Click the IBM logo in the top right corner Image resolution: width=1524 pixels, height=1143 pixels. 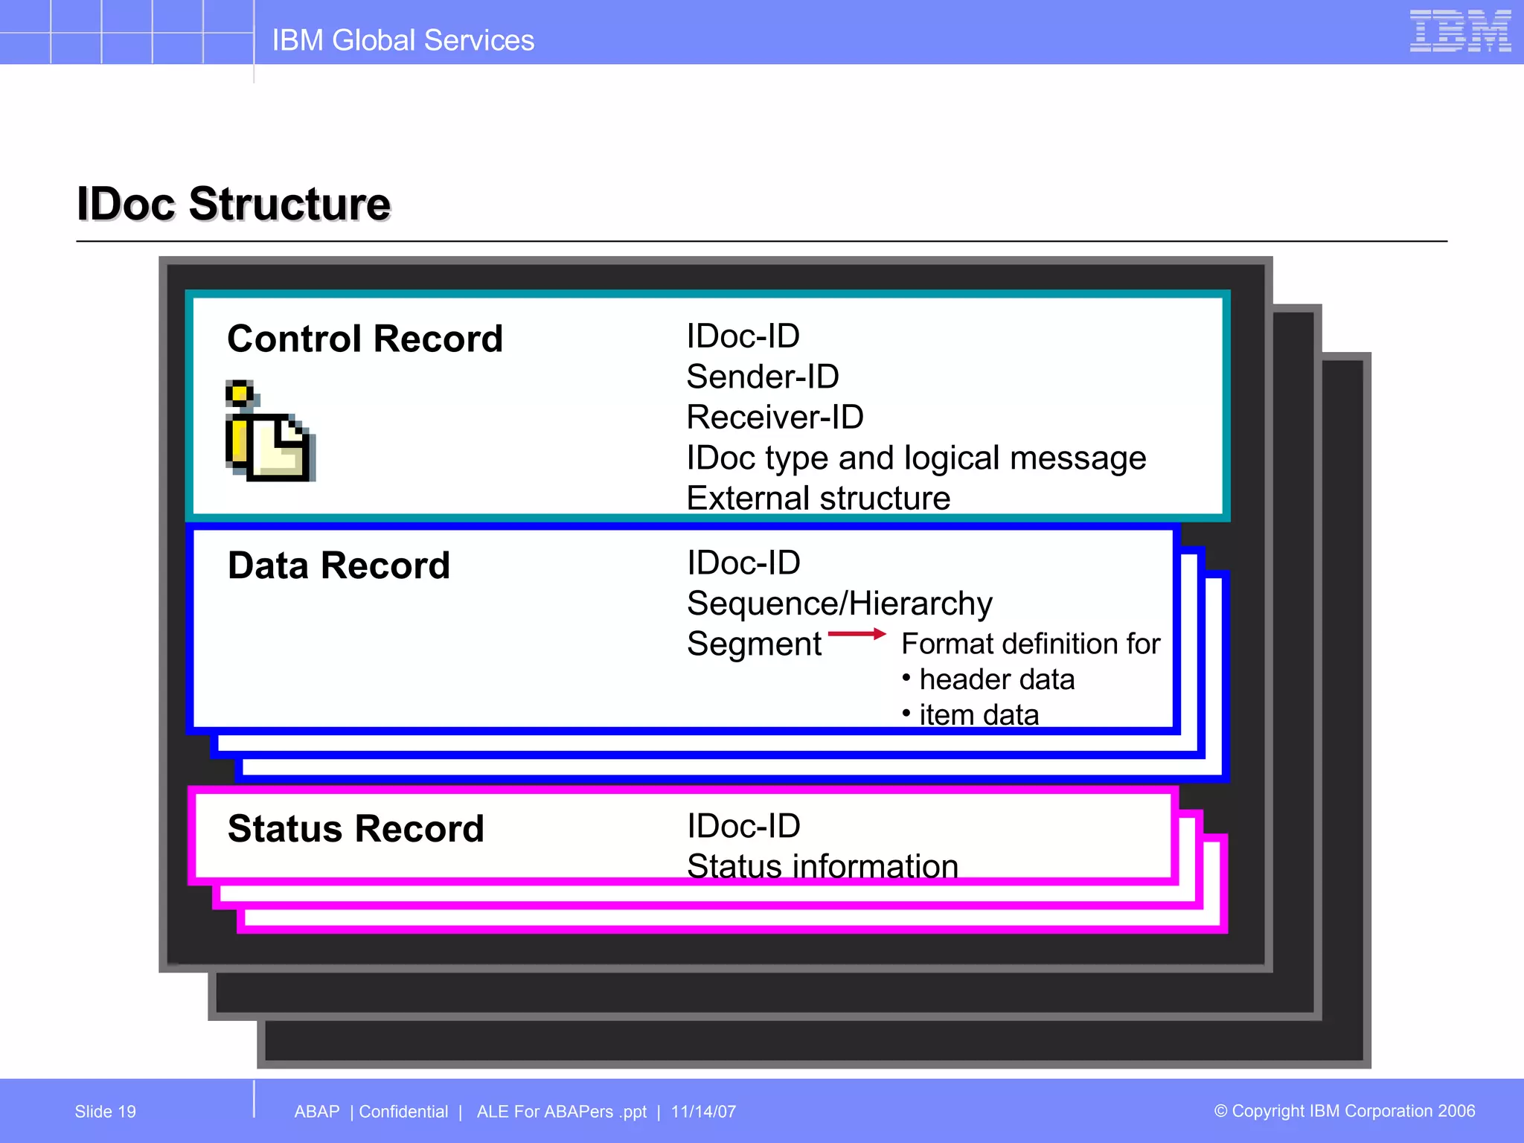(x=1459, y=31)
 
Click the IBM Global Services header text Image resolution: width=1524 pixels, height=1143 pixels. (x=403, y=40)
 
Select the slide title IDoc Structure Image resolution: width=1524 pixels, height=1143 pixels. (x=234, y=204)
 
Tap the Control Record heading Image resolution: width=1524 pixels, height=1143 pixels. (x=365, y=339)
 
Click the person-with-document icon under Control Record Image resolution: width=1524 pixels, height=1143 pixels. (x=269, y=432)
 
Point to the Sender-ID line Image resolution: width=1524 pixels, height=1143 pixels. (x=762, y=377)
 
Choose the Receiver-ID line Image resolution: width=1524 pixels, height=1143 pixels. (x=775, y=417)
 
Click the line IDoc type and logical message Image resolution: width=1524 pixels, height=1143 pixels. (x=915, y=458)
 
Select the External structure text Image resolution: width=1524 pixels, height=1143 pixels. (x=818, y=499)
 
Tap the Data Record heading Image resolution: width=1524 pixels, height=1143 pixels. (x=339, y=566)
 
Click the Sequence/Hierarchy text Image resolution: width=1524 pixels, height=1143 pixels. (x=839, y=603)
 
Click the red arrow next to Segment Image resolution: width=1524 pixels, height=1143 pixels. (x=857, y=634)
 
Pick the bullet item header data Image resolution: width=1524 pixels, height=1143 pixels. (x=996, y=679)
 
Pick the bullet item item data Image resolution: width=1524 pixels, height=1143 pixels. (x=978, y=714)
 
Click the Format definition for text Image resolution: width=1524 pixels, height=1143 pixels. (x=1030, y=644)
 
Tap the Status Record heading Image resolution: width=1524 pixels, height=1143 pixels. (x=356, y=829)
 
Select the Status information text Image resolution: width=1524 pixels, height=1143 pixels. (x=822, y=866)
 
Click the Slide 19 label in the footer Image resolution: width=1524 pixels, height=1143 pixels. (x=105, y=1112)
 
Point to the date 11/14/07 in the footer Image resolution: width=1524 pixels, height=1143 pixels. (x=703, y=1112)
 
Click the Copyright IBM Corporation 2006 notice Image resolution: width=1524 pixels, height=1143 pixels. (x=1344, y=1111)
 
